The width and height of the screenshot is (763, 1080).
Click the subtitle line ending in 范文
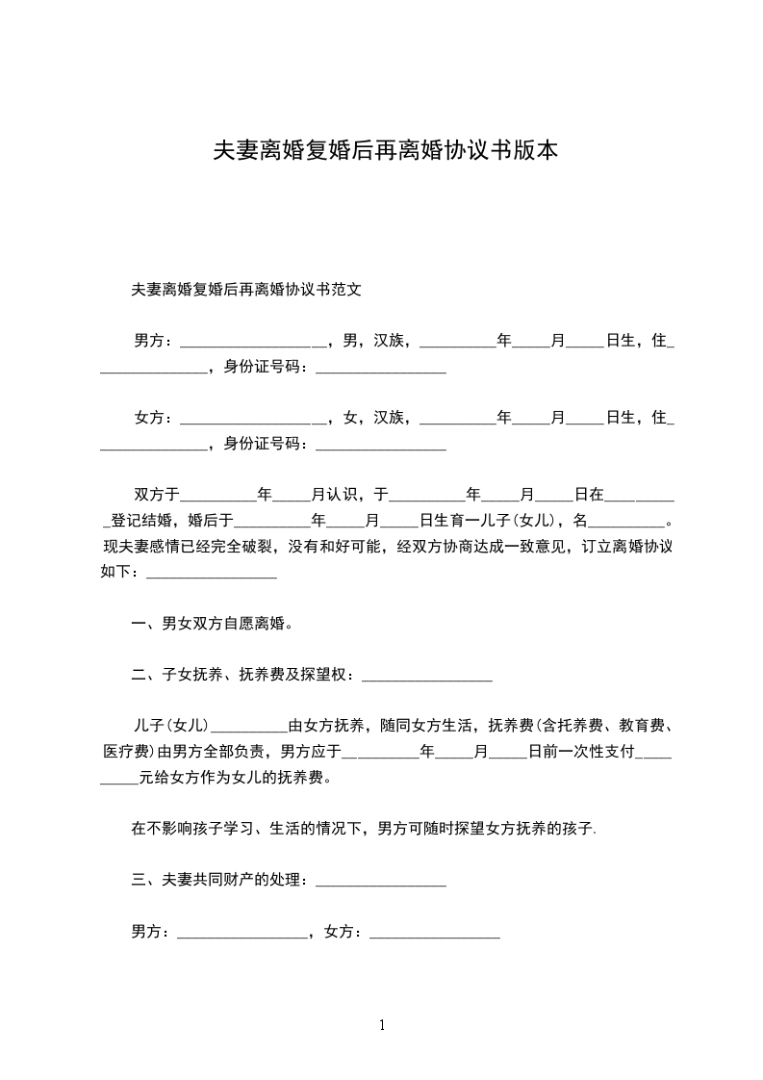tap(245, 288)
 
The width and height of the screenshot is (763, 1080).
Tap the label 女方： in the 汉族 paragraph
tap(154, 417)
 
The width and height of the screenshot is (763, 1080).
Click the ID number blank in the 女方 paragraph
tap(380, 446)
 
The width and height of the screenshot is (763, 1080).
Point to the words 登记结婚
tap(141, 521)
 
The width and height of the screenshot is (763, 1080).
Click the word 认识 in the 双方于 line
tap(342, 495)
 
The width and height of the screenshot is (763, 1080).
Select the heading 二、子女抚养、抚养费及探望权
tap(243, 675)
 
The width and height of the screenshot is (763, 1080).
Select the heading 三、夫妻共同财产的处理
tap(218, 880)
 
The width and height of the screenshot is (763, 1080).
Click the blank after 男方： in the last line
tap(242, 934)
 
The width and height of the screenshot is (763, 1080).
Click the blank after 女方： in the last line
tap(434, 934)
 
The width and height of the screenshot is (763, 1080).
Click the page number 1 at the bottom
tap(382, 1025)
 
